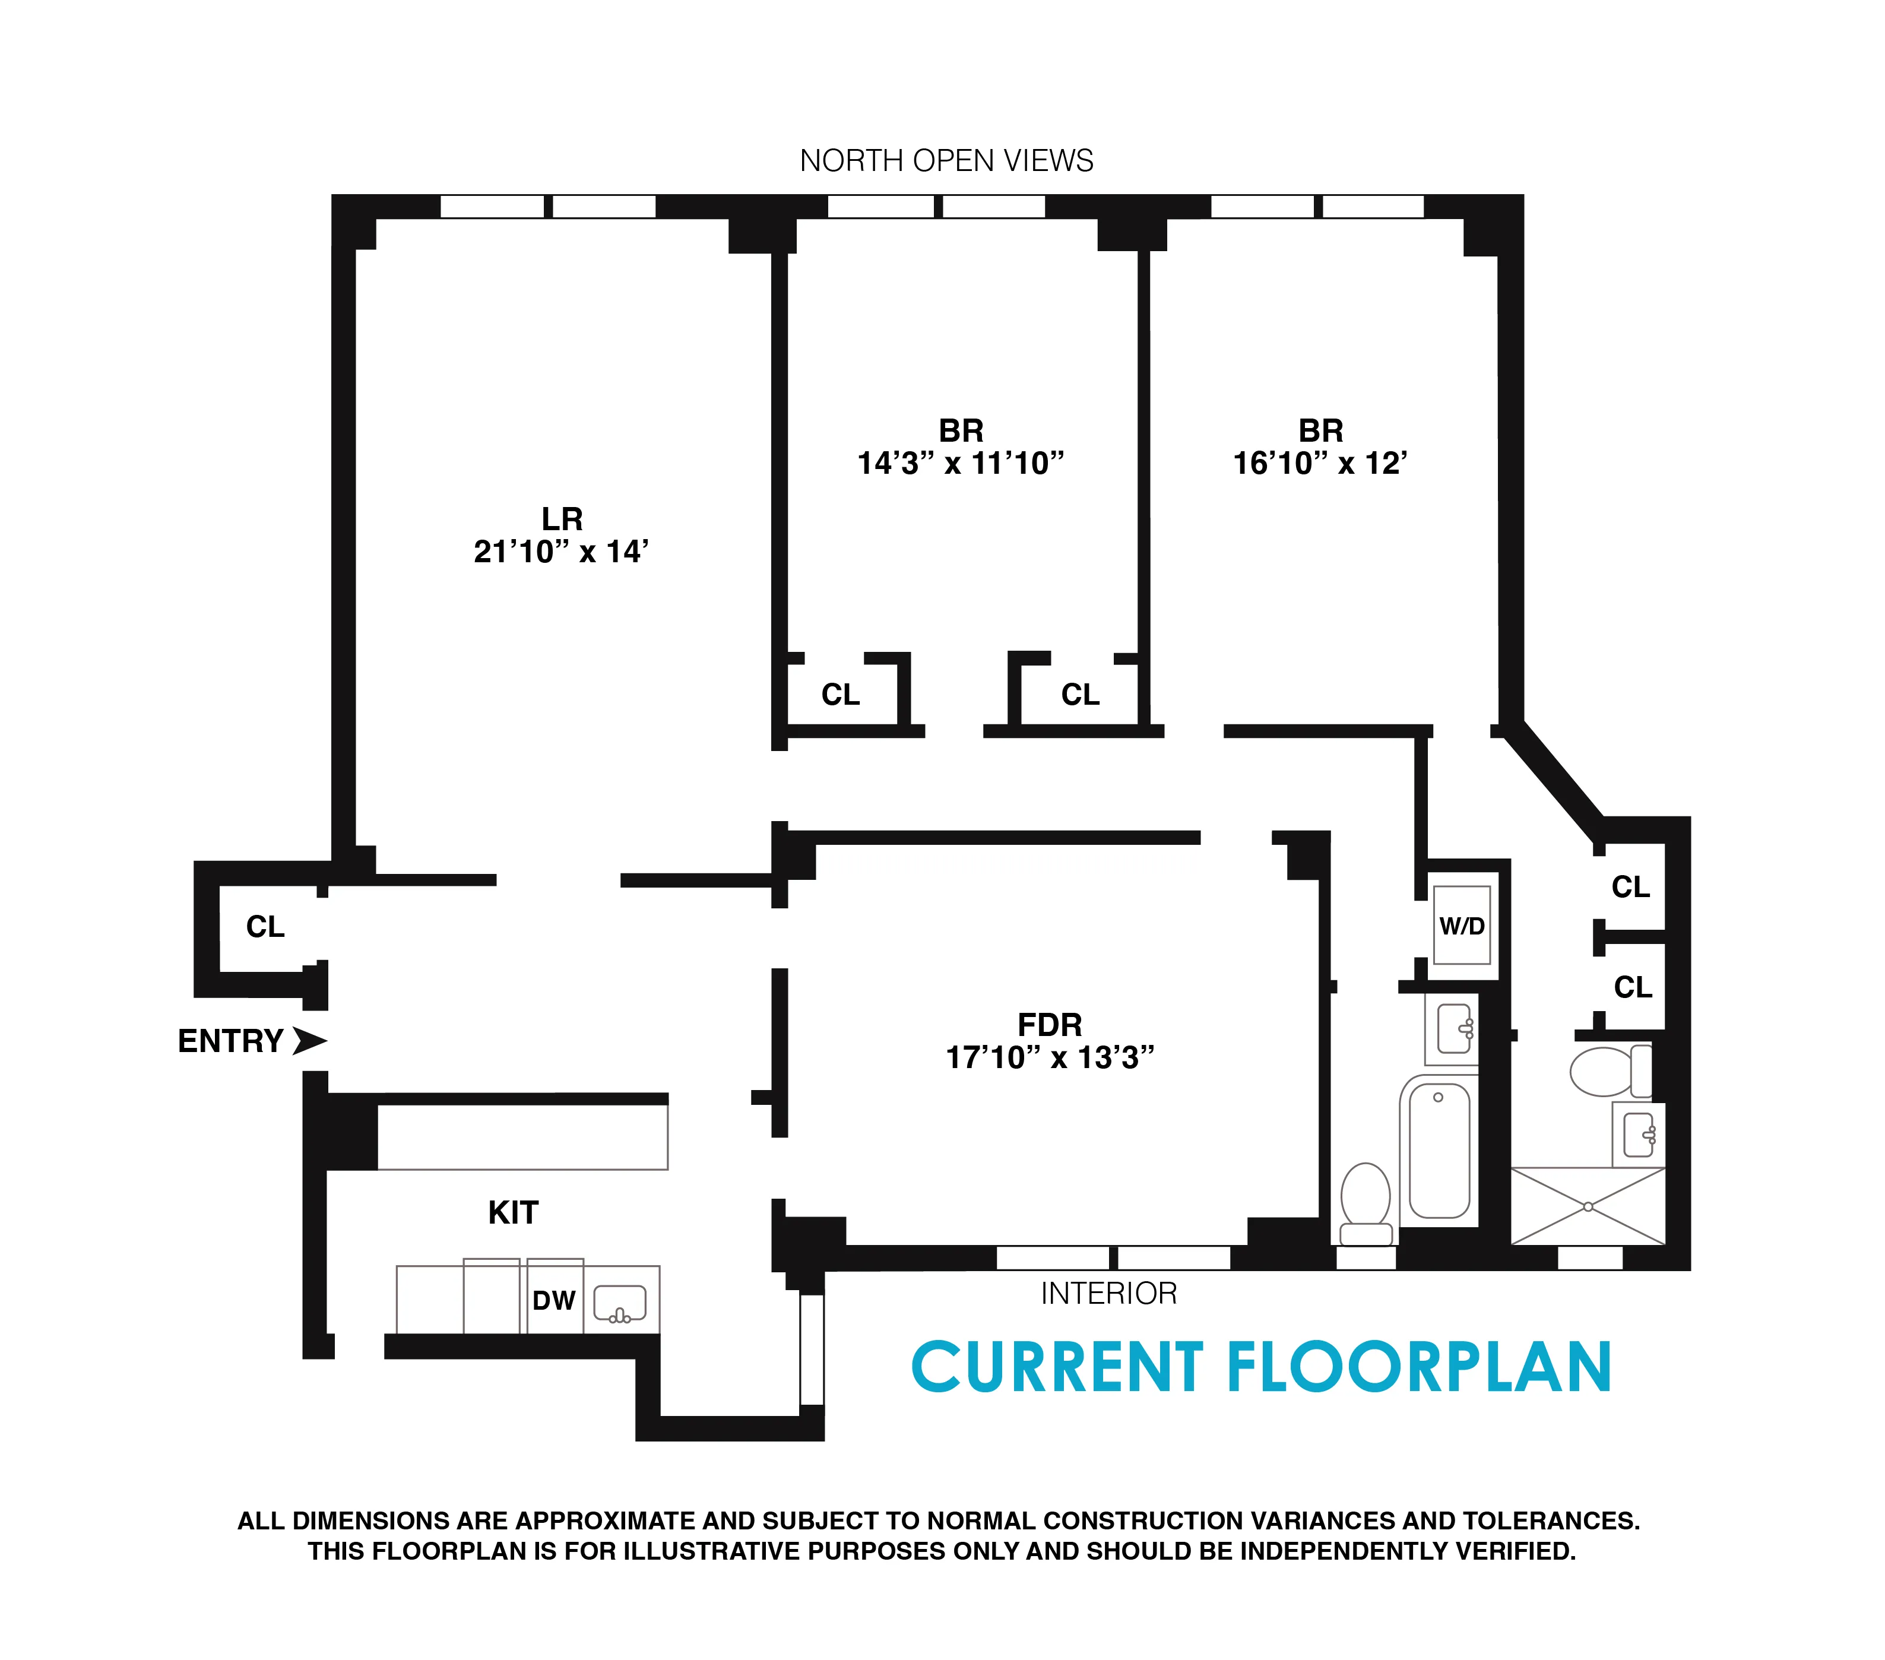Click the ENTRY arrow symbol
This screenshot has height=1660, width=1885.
point(309,1040)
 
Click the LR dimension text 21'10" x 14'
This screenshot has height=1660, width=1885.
point(560,552)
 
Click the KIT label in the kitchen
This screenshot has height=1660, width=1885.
point(513,1212)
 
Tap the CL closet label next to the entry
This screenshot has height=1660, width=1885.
point(265,926)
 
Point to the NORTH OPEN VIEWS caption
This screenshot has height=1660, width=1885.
point(946,160)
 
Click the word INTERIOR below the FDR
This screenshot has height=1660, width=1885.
point(1108,1293)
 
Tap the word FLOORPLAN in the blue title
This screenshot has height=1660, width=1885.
point(1420,1368)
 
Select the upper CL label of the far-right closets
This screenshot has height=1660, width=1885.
point(1630,886)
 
